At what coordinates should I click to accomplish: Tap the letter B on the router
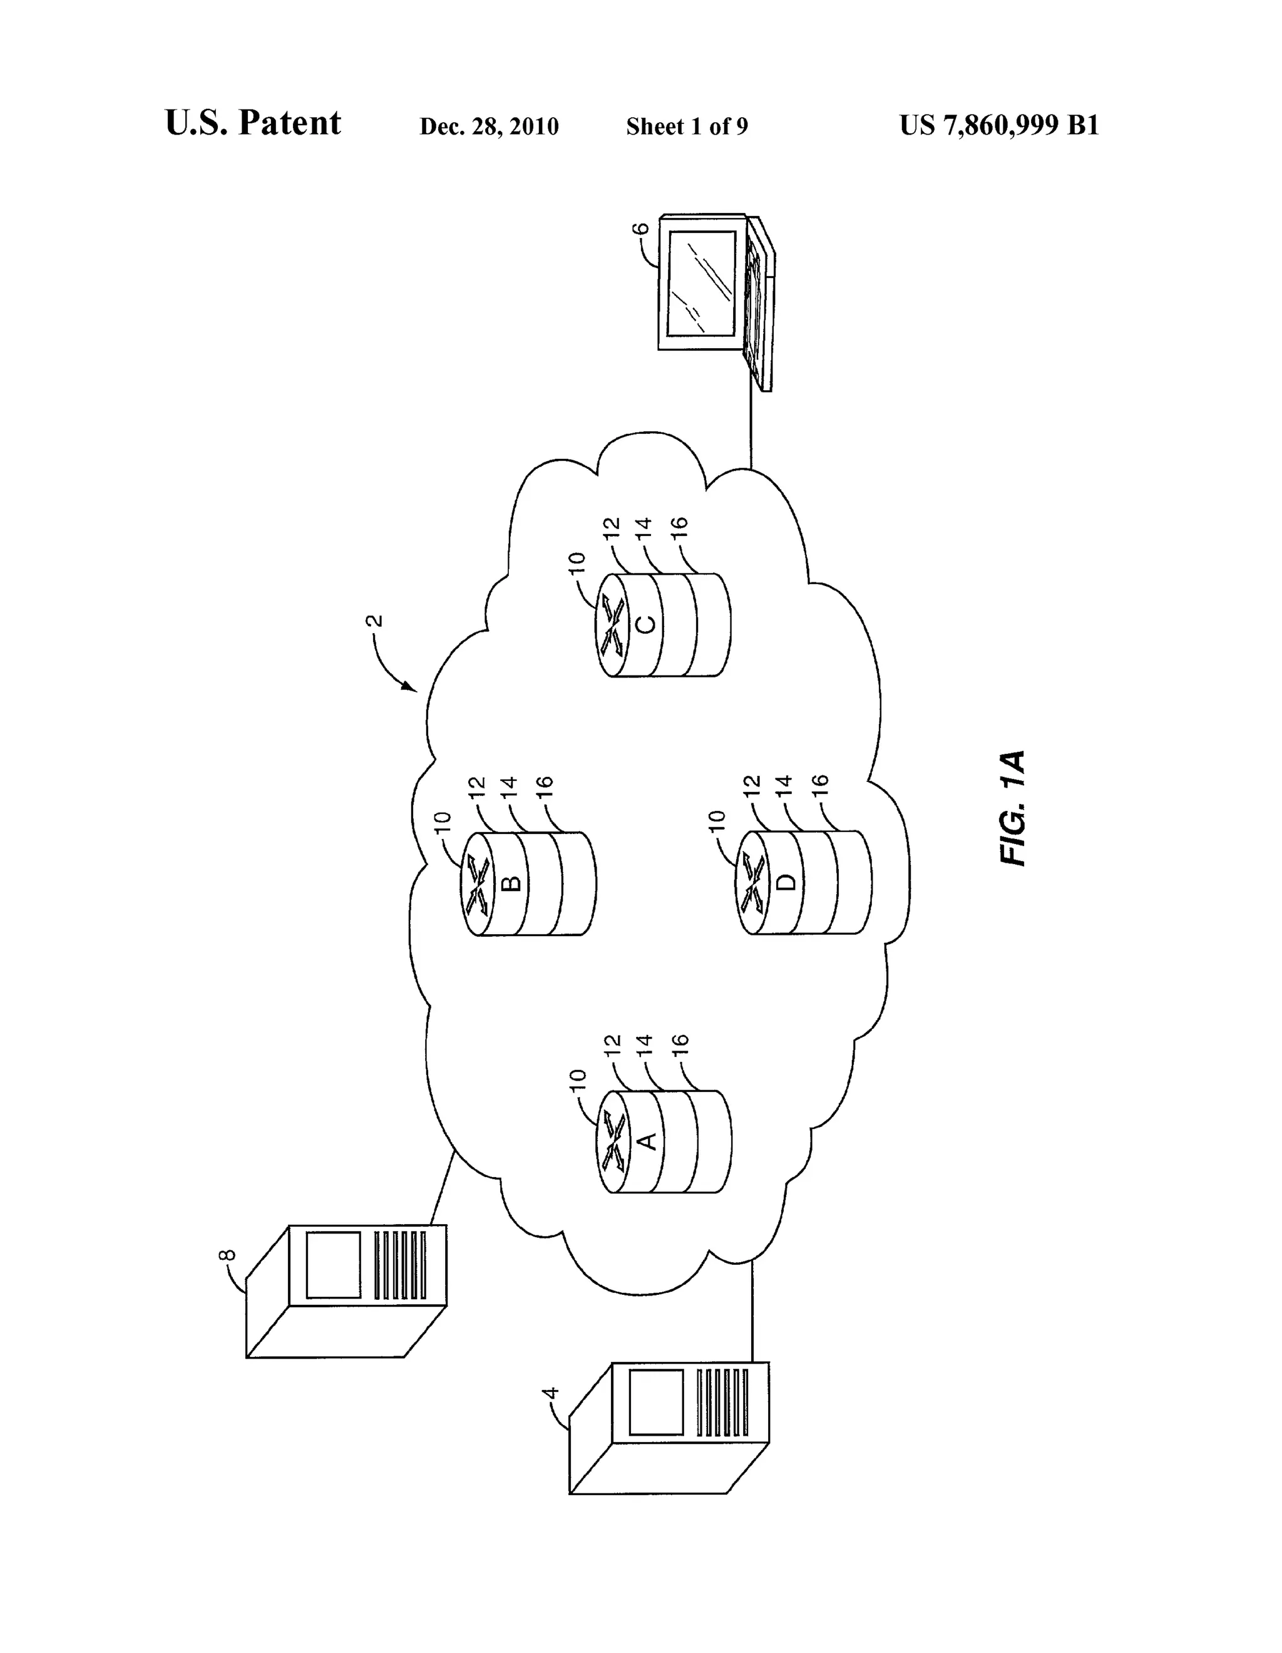click(511, 883)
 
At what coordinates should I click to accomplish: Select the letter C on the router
click(645, 625)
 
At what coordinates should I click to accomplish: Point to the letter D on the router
click(787, 882)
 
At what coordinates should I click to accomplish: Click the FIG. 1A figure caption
click(1013, 808)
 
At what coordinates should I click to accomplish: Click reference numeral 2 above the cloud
click(374, 621)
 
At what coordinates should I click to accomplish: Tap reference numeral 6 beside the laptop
click(640, 228)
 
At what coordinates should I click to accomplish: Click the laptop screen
click(701, 282)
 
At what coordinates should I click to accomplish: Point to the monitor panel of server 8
click(333, 1265)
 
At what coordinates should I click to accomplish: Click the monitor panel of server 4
click(656, 1402)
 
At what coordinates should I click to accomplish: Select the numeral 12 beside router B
click(476, 787)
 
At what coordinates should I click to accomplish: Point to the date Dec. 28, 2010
click(489, 126)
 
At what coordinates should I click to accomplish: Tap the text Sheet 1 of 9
click(687, 126)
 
